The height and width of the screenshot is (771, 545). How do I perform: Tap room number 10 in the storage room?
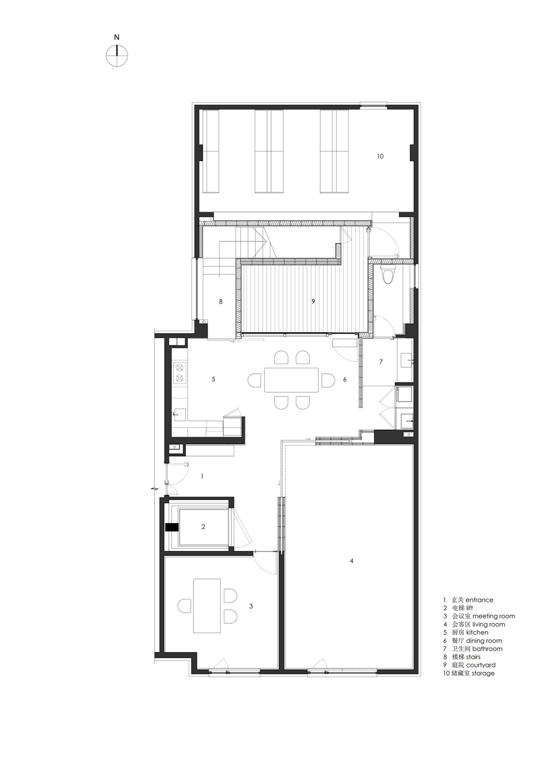point(380,156)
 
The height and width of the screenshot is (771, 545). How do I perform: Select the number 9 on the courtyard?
point(313,301)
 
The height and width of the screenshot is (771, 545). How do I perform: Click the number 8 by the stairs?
point(221,301)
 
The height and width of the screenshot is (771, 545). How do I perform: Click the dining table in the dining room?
point(291,380)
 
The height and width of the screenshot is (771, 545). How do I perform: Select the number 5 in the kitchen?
point(214,379)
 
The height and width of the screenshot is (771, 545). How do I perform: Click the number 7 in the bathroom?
point(381,362)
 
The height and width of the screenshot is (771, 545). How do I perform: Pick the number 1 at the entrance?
point(202,476)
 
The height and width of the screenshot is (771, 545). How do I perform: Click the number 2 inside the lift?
point(203,527)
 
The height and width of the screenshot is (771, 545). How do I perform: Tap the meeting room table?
point(207,605)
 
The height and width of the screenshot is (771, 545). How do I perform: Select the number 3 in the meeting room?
point(251,606)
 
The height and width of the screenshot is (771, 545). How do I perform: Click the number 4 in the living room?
point(352,561)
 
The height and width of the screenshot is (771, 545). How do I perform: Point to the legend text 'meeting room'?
point(493,616)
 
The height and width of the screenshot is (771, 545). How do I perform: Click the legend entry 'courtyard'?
point(481,665)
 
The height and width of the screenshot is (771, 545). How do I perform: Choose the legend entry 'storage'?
point(480,673)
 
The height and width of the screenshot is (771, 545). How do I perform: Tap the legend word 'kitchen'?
point(477,633)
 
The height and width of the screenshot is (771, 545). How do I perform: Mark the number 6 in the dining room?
point(344,380)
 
